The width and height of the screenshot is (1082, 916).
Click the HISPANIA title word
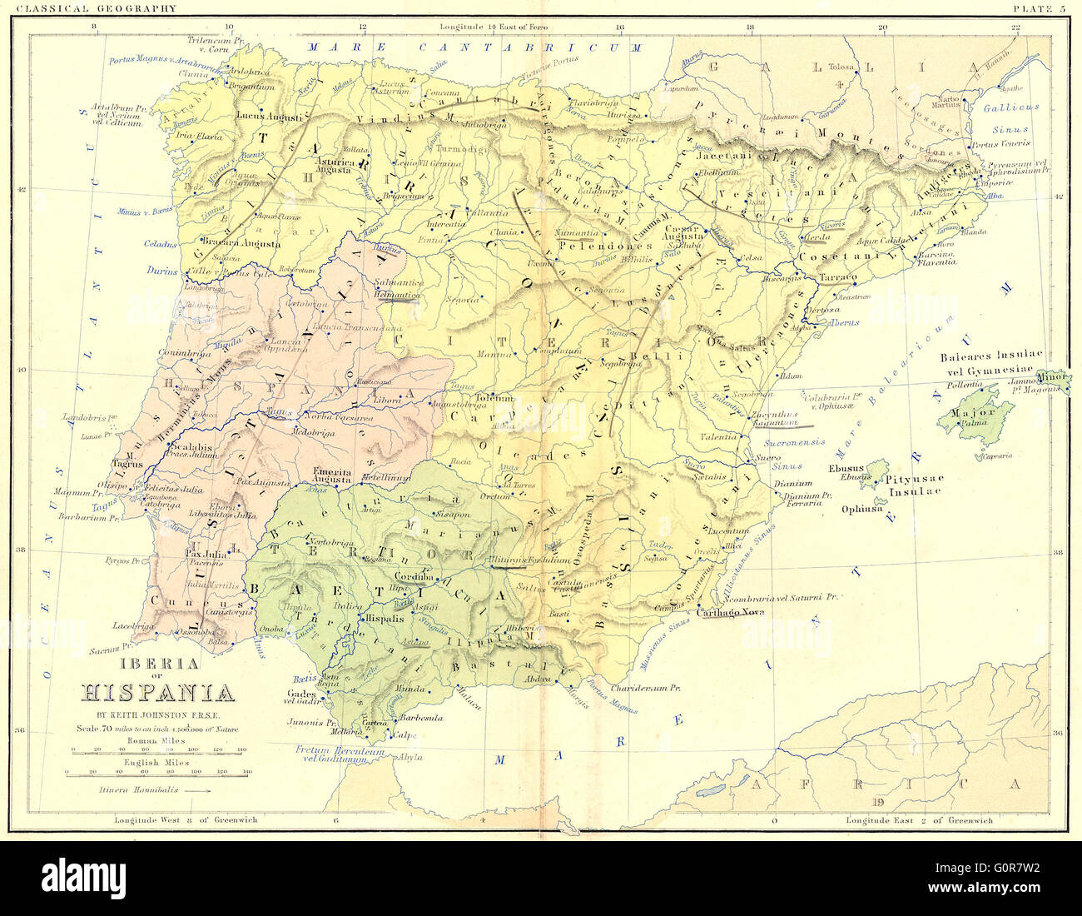pyautogui.click(x=157, y=692)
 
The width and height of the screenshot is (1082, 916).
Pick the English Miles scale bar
pyautogui.click(x=158, y=772)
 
